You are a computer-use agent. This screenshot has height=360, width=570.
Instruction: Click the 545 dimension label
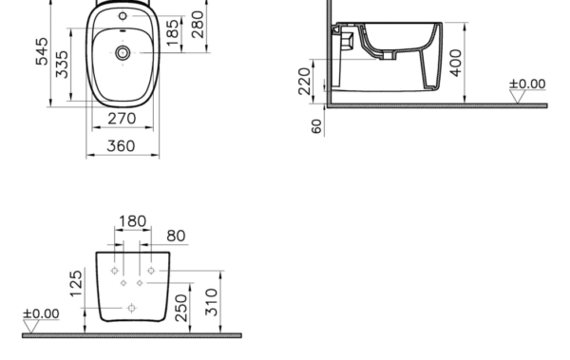point(42,51)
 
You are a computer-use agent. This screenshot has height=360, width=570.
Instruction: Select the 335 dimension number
point(62,65)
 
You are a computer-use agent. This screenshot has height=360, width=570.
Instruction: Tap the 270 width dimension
point(123,119)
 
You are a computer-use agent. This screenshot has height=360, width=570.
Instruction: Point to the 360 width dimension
point(121,146)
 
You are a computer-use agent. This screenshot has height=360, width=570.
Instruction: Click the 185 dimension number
point(173,32)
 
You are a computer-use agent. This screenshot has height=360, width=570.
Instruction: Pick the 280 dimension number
point(198,25)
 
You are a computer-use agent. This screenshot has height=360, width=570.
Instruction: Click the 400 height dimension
point(456,63)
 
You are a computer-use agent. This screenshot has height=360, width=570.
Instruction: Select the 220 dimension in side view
point(305,82)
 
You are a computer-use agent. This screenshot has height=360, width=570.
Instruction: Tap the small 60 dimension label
point(317,126)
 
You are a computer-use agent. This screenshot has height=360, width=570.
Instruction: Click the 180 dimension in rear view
point(133,221)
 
